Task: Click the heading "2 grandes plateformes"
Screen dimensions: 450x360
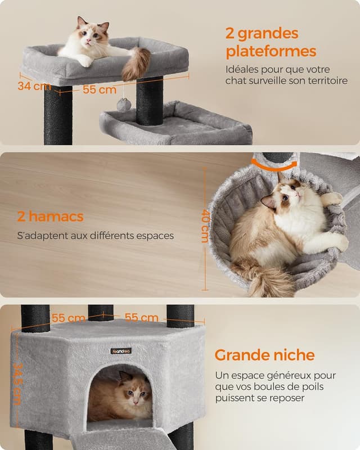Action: [271, 42]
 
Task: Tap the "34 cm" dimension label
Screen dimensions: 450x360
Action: [34, 86]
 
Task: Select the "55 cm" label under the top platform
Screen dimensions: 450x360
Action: [100, 89]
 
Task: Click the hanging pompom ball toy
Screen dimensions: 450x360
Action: [124, 104]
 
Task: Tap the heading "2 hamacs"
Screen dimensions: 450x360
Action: [50, 216]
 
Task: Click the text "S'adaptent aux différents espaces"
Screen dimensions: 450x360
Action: [95, 236]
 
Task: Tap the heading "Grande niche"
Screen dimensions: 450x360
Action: [264, 355]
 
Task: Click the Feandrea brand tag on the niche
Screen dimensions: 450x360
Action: [121, 351]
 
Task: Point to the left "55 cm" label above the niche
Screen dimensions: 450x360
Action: [68, 318]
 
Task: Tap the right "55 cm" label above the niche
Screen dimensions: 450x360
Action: [141, 317]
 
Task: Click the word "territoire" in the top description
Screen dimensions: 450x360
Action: [326, 81]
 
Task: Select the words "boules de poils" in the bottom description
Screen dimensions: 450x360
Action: [276, 387]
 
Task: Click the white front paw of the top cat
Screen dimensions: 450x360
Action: [85, 61]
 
